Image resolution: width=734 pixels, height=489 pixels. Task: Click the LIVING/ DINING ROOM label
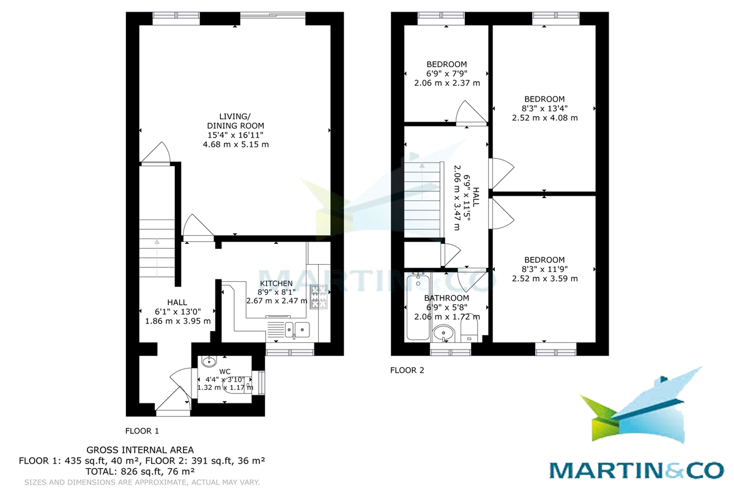(x=235, y=121)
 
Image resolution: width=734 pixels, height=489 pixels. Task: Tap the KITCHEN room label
(x=276, y=283)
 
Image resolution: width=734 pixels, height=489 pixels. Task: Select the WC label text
(x=225, y=372)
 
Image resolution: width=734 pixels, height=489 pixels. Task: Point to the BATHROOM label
(x=447, y=298)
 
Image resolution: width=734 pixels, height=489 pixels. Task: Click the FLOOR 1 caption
(x=142, y=431)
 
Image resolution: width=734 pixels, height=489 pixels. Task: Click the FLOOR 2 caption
(x=407, y=370)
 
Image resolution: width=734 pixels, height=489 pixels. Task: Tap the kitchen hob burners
(x=319, y=296)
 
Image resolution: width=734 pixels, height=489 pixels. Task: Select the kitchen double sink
(x=297, y=329)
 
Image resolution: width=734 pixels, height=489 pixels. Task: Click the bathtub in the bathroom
(x=418, y=307)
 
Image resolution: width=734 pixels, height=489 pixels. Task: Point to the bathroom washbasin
(x=443, y=333)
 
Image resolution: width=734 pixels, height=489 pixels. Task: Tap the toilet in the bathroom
(x=469, y=328)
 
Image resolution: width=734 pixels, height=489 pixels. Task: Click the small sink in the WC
(x=209, y=362)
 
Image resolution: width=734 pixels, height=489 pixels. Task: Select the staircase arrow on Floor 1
(x=157, y=259)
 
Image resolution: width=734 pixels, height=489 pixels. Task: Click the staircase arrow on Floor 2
(x=422, y=182)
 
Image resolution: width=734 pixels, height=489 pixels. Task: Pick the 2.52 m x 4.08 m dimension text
(x=544, y=117)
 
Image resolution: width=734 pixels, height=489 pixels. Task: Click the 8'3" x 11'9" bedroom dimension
(x=544, y=269)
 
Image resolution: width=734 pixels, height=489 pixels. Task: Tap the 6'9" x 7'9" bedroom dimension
(x=447, y=74)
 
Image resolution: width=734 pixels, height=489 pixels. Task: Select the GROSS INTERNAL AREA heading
(x=140, y=450)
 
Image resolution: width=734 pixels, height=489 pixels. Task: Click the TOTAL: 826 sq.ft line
(x=140, y=472)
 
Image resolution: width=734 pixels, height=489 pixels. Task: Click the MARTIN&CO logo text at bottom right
(x=636, y=471)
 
